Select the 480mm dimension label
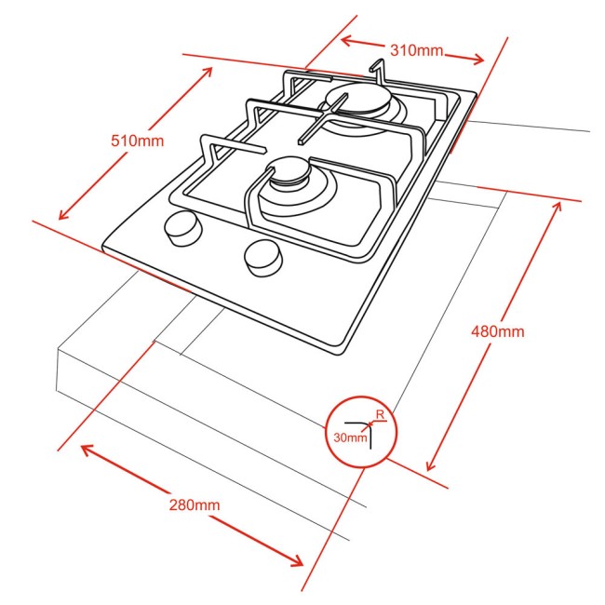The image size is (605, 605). [498, 330]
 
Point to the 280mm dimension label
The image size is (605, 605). [195, 505]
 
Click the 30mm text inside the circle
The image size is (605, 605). [351, 437]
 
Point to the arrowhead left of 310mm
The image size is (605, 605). [344, 38]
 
